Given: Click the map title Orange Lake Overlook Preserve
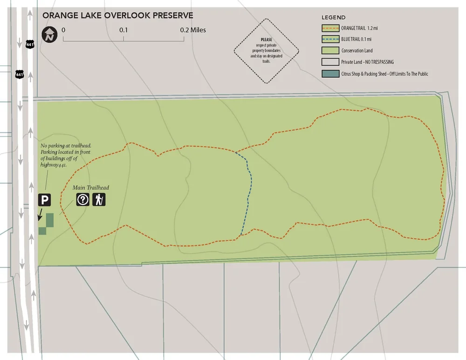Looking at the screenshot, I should point(117,15).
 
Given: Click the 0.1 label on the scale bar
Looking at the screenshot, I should point(123,30).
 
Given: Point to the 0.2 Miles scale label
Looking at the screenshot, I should point(193,30).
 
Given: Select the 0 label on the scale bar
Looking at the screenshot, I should point(63,30).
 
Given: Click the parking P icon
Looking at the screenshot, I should point(44,200).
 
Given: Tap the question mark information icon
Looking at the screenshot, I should point(83,200).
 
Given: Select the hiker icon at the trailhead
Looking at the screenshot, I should point(99,200).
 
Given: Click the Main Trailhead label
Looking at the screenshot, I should point(91,188).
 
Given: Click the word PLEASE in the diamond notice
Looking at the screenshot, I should point(267,40).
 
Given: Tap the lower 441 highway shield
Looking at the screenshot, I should point(19,74).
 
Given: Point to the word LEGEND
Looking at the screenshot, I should point(334,18).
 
